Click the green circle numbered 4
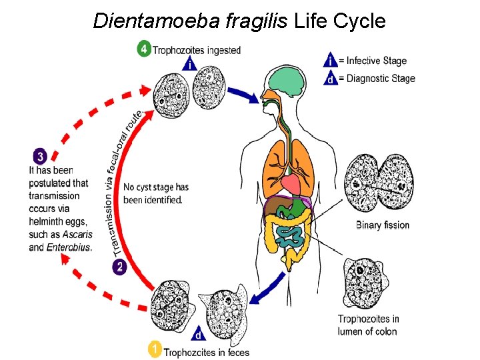(x=144, y=50)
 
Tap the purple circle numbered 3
(x=40, y=157)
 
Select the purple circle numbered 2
(x=119, y=267)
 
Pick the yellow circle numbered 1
(x=155, y=349)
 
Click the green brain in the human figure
(x=283, y=83)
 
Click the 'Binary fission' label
(x=382, y=225)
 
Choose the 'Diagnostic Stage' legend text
(x=379, y=79)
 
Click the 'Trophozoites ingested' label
(x=197, y=50)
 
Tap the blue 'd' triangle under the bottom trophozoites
(x=198, y=333)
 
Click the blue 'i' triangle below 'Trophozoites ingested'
(x=191, y=65)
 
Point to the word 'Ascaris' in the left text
(x=77, y=235)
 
